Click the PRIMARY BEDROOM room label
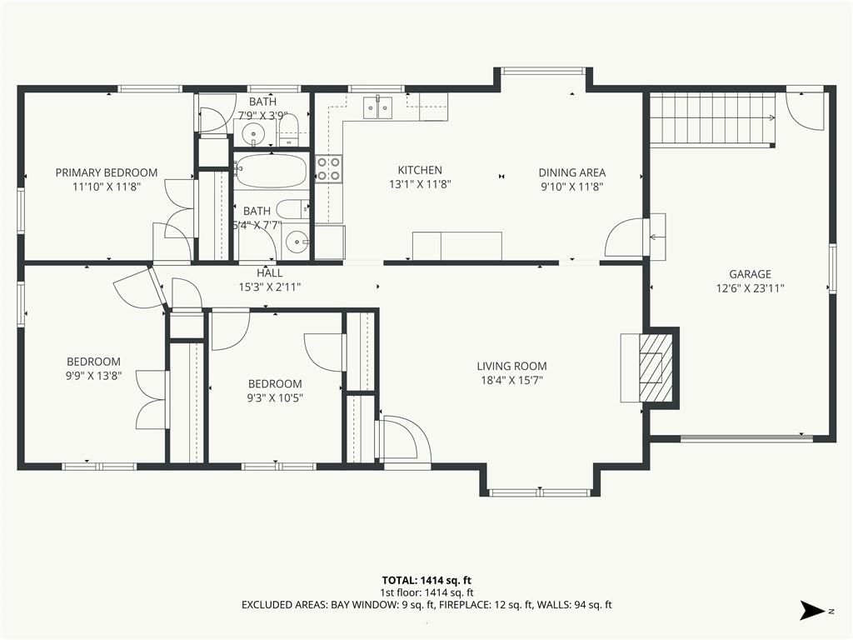[x=107, y=172]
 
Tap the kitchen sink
[x=378, y=106]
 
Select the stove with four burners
[x=328, y=168]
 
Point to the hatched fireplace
[x=656, y=367]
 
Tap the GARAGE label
[x=751, y=274]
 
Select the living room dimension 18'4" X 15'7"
[x=512, y=380]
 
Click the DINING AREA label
[x=571, y=172]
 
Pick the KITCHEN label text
[x=420, y=170]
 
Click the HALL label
[x=269, y=273]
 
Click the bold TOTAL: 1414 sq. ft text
[x=426, y=581]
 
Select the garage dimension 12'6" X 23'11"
[x=751, y=288]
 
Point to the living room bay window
[x=540, y=493]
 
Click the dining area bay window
[x=543, y=70]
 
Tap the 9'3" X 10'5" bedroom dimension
[x=275, y=397]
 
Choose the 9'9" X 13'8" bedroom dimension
[x=93, y=376]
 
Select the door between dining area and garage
[x=626, y=237]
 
